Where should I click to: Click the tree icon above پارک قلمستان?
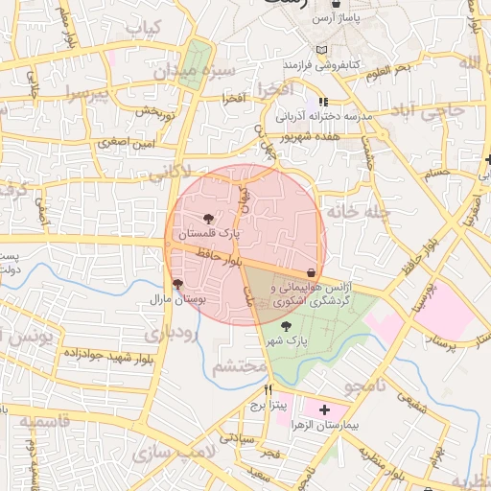tap(209, 220)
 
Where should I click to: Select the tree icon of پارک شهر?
tap(285, 326)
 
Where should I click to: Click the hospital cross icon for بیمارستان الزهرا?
tap(324, 409)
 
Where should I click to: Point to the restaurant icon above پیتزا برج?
tap(268, 390)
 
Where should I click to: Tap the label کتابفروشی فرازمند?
tap(320, 63)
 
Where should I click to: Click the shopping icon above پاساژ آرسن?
tap(333, 5)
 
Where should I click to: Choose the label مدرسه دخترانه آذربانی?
tap(323, 115)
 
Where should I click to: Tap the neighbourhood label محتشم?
tap(238, 366)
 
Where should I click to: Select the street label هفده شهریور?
tap(306, 136)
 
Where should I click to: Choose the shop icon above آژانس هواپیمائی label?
tap(311, 273)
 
